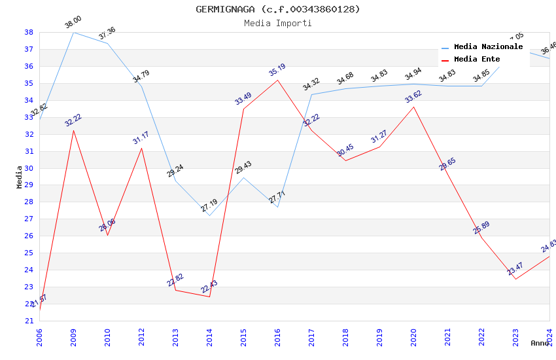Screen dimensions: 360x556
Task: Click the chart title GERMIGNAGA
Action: (x=278, y=9)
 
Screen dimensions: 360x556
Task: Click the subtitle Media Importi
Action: (x=278, y=23)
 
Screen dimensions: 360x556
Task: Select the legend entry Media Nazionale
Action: (x=488, y=47)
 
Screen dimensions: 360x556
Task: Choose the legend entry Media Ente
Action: (x=477, y=60)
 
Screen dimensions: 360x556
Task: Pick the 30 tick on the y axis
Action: (x=29, y=168)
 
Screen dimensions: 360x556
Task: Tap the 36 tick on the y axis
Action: (x=29, y=66)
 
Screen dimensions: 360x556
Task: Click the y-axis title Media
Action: (x=20, y=177)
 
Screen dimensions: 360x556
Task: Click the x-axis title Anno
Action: (x=540, y=343)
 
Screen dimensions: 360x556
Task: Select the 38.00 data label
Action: (x=73, y=23)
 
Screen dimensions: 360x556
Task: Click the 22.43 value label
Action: (x=209, y=287)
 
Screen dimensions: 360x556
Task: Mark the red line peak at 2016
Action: (x=277, y=80)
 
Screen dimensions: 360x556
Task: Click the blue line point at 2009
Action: (x=73, y=32)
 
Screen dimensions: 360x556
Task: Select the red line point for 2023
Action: (x=515, y=279)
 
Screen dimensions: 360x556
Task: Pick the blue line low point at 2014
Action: (x=209, y=215)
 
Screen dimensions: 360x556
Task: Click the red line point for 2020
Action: (x=413, y=107)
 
